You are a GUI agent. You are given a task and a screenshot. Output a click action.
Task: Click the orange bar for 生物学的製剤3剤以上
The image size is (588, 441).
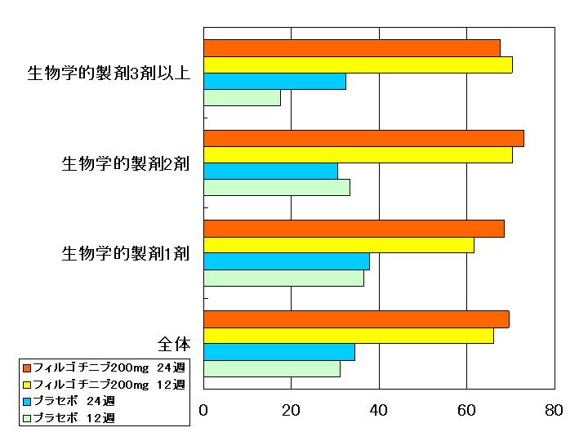point(351,48)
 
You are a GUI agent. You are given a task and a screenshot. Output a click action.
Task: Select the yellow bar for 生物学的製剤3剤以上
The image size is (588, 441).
point(358,65)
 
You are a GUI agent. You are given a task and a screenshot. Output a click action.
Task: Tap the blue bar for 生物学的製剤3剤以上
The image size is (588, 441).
point(274,82)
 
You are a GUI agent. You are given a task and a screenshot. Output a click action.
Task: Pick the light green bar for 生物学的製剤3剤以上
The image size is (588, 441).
point(242,98)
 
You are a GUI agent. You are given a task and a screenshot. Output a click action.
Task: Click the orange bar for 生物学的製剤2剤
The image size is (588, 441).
point(363,138)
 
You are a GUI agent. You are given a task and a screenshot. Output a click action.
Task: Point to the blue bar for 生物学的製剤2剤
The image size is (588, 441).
point(270,171)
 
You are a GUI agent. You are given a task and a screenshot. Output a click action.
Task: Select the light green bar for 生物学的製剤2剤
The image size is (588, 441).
point(276,187)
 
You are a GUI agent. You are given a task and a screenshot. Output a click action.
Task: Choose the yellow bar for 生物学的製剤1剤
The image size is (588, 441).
point(338,245)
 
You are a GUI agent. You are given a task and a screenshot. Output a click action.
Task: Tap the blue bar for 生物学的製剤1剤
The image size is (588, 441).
point(286,261)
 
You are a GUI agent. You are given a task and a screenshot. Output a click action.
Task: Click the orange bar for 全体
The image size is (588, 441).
point(356,318)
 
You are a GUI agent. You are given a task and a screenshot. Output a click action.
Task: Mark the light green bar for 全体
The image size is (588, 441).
point(271,368)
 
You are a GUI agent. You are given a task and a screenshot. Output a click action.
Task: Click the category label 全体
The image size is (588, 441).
point(174,343)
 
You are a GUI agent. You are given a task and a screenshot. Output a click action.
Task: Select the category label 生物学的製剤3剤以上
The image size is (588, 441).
point(109,73)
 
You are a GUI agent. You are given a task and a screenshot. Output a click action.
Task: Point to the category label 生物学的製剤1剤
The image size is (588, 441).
point(126,253)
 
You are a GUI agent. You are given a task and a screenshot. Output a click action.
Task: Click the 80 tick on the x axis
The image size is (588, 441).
point(554,411)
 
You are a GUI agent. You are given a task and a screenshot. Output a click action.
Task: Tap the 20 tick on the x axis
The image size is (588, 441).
point(291,411)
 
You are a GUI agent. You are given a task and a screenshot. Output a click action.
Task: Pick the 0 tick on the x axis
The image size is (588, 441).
point(203,411)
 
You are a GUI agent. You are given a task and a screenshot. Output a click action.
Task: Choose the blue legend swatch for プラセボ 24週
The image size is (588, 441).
point(27,401)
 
